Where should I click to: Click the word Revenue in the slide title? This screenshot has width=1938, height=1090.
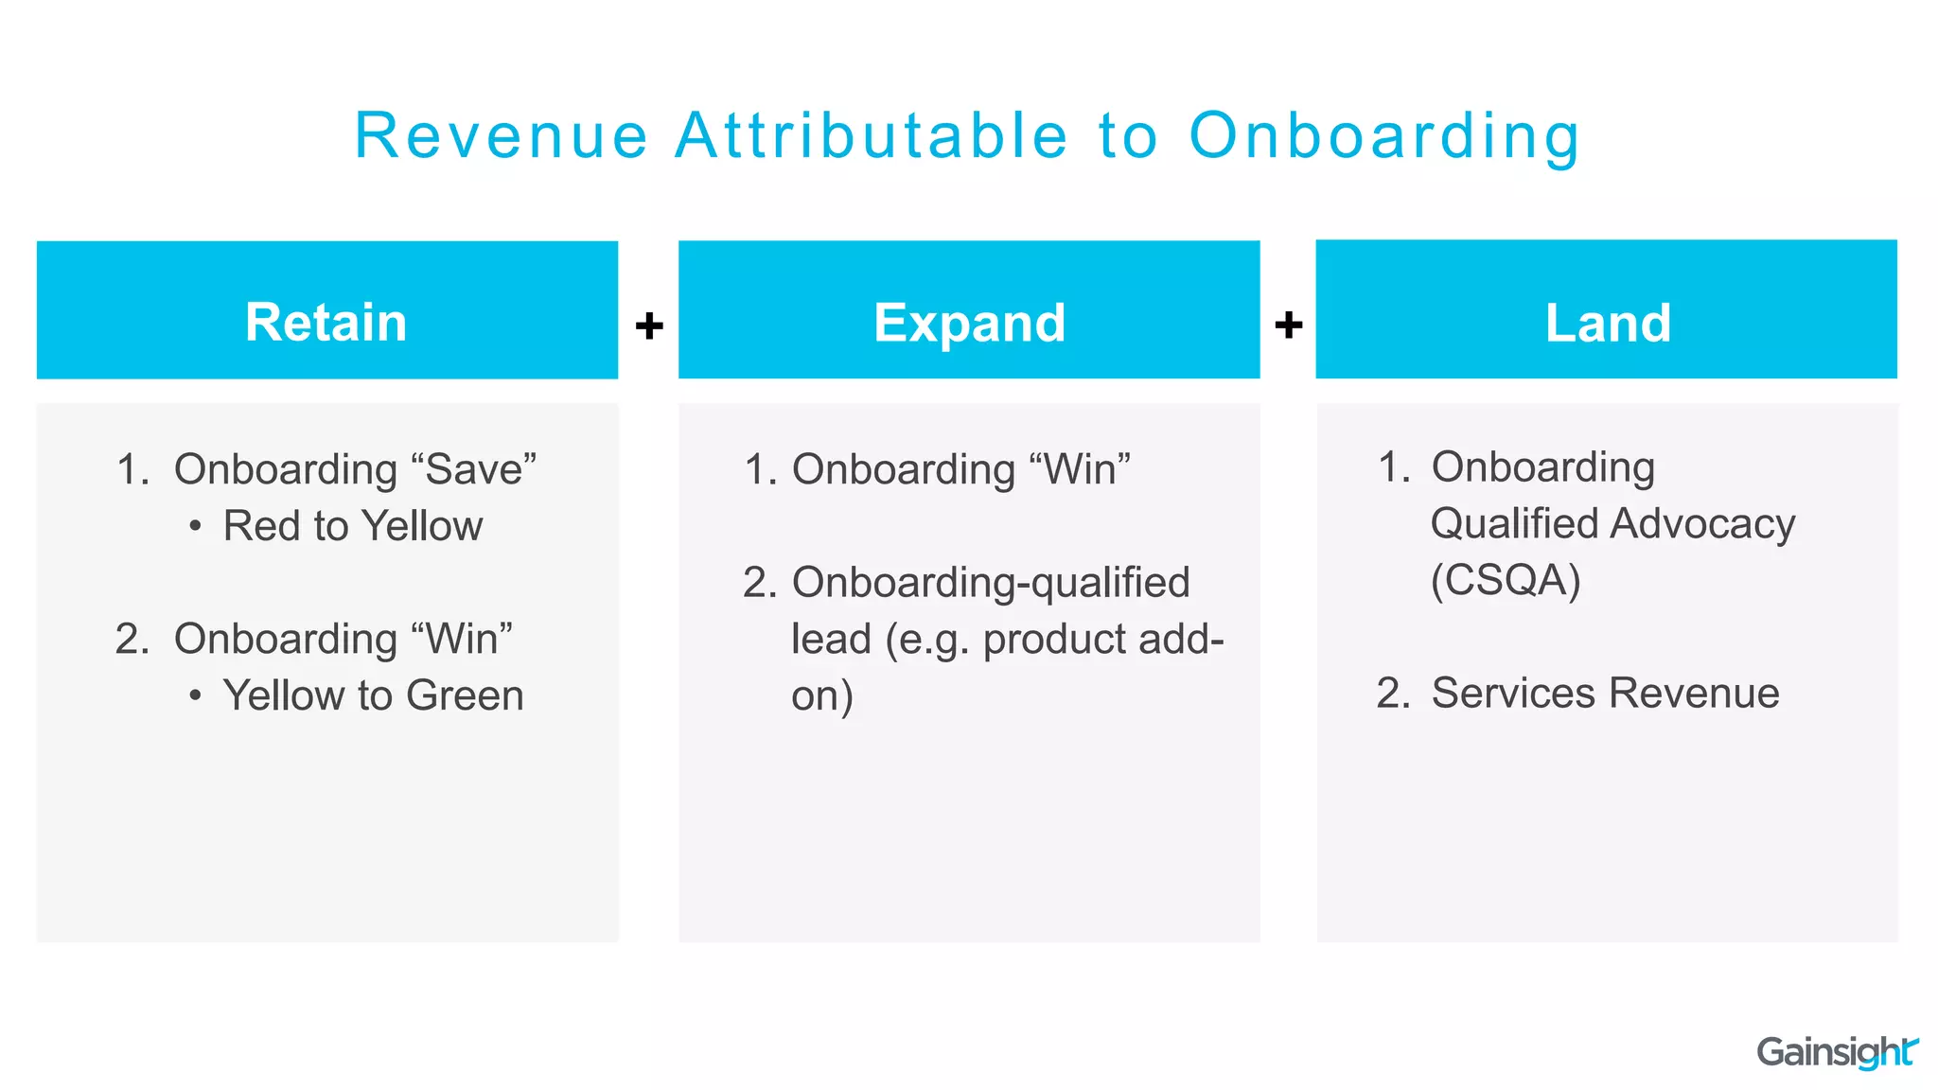click(501, 136)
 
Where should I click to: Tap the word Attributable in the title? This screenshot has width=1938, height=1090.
click(872, 136)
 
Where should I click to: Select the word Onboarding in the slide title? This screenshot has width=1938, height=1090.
click(1383, 136)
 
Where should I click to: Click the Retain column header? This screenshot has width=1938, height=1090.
click(326, 322)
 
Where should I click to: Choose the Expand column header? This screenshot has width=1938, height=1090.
click(969, 323)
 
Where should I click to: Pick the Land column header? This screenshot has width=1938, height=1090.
click(1607, 323)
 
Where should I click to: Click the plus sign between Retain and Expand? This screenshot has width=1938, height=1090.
click(649, 325)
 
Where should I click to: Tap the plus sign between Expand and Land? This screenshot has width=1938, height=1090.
click(1288, 325)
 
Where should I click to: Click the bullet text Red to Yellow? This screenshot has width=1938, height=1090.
click(352, 526)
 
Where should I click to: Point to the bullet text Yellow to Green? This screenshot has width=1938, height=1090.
click(373, 695)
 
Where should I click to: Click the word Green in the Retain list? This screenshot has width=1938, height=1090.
click(465, 695)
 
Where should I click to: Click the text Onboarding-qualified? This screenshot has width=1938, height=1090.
click(990, 583)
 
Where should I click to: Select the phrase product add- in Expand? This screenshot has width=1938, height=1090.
click(1103, 640)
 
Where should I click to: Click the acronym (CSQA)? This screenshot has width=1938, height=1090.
click(1505, 580)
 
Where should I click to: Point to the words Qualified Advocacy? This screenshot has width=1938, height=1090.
click(1612, 523)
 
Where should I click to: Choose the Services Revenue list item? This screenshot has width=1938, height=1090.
click(1604, 693)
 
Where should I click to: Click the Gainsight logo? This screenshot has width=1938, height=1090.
click(1836, 1052)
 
